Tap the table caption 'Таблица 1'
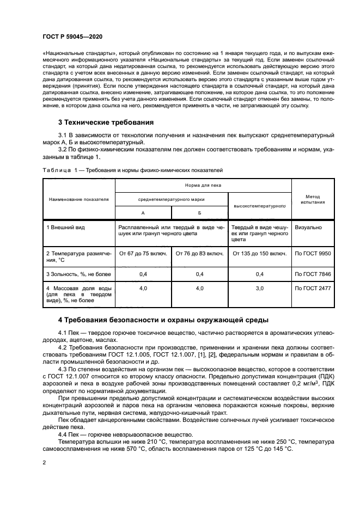tap(55, 170)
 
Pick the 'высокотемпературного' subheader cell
tap(260, 206)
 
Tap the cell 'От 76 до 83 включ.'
tap(199, 253)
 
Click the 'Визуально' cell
tap(308, 226)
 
